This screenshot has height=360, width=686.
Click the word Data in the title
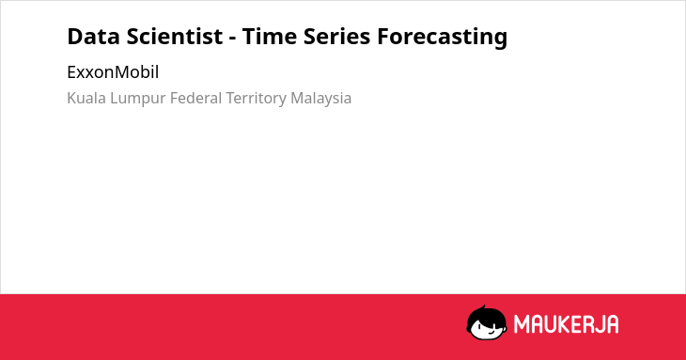[93, 37]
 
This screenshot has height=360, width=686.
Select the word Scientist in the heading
[175, 37]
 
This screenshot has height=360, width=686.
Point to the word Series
[336, 37]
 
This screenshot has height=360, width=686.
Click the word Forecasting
[443, 38]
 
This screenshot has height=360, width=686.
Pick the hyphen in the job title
[232, 39]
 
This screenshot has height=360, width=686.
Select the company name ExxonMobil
[113, 72]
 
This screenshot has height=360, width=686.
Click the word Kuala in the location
[86, 98]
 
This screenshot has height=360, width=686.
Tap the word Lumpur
[138, 99]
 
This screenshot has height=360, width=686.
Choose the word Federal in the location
[195, 98]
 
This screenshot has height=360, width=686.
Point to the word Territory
[256, 99]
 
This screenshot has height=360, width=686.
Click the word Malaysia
[321, 99]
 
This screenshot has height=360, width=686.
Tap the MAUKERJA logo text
[566, 324]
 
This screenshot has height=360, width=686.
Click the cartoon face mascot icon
[487, 322]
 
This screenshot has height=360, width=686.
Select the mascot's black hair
[486, 315]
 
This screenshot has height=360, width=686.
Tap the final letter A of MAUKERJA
[612, 324]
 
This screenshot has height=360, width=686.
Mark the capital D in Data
[75, 37]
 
